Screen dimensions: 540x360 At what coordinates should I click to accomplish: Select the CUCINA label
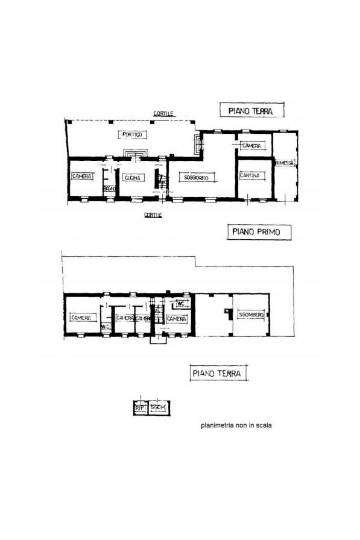click(x=132, y=178)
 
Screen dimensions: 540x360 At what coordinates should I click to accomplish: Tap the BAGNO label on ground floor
click(x=109, y=189)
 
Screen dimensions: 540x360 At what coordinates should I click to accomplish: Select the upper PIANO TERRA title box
click(x=250, y=110)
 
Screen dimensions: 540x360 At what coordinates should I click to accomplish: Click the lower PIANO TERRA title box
click(x=217, y=374)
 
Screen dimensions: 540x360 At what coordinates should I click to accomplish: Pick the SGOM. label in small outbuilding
click(x=159, y=409)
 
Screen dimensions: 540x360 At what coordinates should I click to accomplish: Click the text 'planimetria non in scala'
click(x=236, y=425)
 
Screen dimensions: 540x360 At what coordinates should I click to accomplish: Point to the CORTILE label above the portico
click(x=163, y=114)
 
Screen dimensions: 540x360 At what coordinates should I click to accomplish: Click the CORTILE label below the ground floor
click(x=152, y=214)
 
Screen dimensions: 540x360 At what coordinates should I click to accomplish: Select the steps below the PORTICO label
click(x=133, y=153)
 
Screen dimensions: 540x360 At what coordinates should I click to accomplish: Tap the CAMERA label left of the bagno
click(x=81, y=177)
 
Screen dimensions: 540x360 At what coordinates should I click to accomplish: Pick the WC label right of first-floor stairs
click(x=180, y=304)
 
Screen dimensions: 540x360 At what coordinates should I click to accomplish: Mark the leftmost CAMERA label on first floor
click(x=80, y=318)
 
